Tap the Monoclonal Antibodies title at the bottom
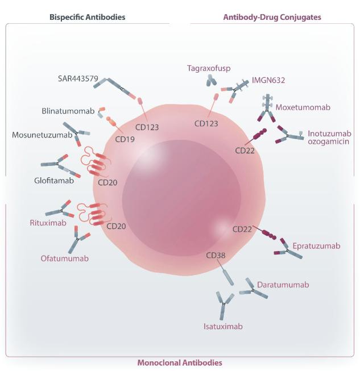tap(180, 362)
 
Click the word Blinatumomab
tap(67, 111)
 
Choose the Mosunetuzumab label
tap(42, 135)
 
